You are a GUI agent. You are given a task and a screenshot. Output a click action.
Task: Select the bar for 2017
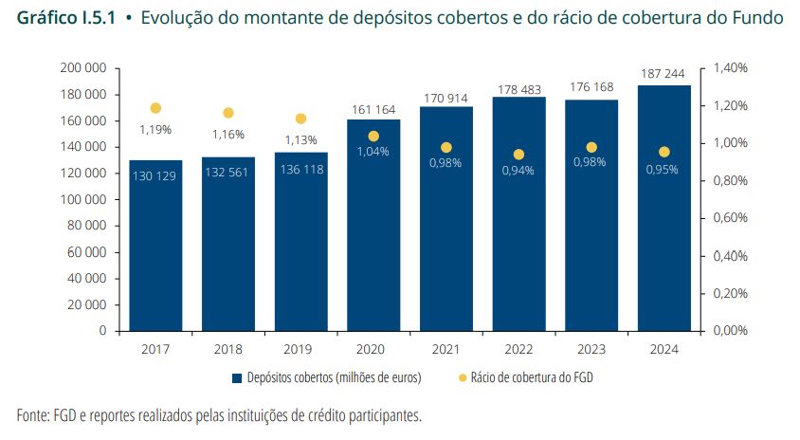(x=155, y=246)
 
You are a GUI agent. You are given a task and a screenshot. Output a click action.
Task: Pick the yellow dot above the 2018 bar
(x=228, y=113)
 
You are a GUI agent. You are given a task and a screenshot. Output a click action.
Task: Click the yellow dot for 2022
(x=518, y=155)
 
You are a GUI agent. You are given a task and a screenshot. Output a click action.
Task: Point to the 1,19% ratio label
(x=155, y=129)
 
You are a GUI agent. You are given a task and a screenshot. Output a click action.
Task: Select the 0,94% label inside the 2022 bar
(x=518, y=171)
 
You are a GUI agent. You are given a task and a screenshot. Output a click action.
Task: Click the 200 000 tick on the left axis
(x=83, y=68)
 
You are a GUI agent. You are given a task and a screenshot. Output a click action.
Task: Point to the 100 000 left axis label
(x=83, y=200)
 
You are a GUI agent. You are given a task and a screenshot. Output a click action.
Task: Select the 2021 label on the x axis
(x=445, y=348)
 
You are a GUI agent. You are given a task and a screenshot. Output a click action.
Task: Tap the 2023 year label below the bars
(x=591, y=348)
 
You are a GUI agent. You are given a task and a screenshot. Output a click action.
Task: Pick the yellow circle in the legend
(x=462, y=377)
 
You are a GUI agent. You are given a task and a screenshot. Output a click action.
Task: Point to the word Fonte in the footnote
(x=34, y=416)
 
